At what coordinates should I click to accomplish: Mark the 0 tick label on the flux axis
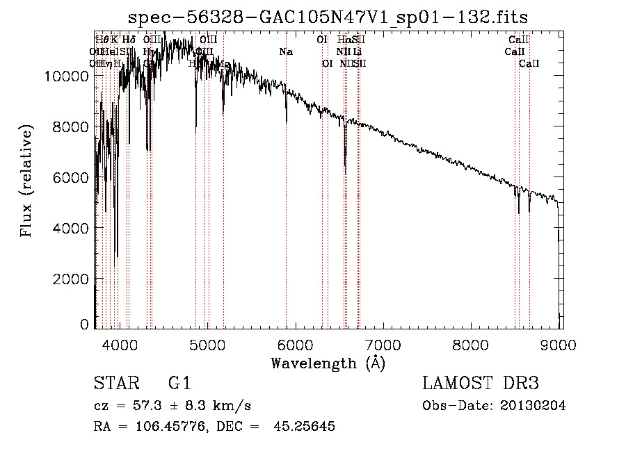[85, 325]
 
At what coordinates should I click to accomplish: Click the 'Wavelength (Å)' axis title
[328, 363]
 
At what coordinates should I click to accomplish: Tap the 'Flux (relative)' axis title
[27, 182]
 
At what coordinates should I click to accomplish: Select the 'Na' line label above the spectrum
[286, 52]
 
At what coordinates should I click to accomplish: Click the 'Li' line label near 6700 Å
[357, 52]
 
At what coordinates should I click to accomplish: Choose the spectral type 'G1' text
[179, 384]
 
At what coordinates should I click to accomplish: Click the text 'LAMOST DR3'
[481, 384]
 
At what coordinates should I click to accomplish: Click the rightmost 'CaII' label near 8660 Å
[529, 64]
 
